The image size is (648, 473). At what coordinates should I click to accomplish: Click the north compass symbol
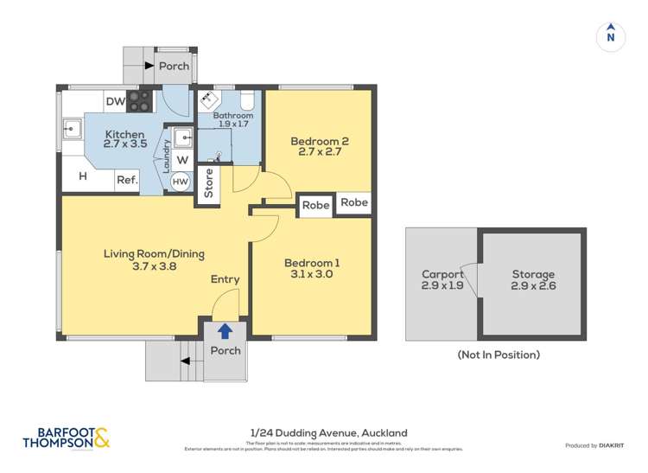coord(610,35)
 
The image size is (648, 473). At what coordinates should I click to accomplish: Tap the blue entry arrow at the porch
coord(225,330)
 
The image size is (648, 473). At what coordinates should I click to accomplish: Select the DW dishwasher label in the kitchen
coord(116,102)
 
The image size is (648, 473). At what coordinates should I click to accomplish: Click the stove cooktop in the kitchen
coord(140,100)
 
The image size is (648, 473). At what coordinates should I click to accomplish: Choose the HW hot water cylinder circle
coord(180,182)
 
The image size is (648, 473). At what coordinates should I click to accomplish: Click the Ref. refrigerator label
coord(127,180)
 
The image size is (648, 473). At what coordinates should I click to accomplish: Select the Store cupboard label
coord(208,183)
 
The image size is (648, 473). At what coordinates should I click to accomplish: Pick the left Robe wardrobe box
coord(315,205)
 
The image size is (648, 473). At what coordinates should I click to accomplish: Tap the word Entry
coord(225,279)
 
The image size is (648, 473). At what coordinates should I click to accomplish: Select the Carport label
coord(442,273)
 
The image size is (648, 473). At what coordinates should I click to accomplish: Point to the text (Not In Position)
coord(498,355)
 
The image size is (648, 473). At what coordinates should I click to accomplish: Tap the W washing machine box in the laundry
coord(181,160)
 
